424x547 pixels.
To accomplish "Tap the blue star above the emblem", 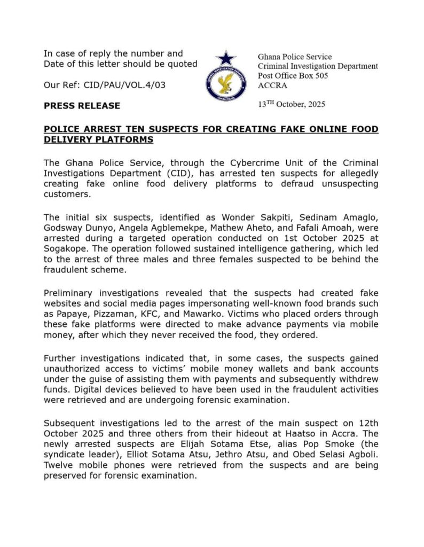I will (226, 57).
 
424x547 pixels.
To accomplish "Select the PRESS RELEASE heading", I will (82, 106).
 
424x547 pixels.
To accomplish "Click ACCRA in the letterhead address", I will (272, 85).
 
